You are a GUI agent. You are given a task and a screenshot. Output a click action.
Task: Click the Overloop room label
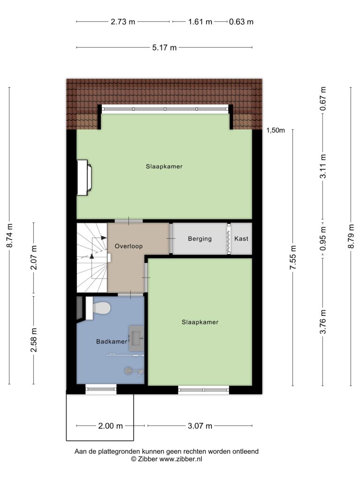coord(128,246)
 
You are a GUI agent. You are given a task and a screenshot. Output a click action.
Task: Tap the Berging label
coord(200,239)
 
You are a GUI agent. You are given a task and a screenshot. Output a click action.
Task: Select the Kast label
coord(241,239)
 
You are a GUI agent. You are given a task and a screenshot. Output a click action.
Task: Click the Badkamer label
coord(112,342)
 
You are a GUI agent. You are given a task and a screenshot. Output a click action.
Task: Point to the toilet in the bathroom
coord(98,308)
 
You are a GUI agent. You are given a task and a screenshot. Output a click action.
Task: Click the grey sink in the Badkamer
coord(136,338)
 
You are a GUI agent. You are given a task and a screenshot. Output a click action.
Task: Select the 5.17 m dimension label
coord(165,48)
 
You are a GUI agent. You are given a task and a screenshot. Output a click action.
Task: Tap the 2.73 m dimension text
coord(123,22)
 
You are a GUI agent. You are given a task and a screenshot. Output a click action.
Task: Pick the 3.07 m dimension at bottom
coord(200,426)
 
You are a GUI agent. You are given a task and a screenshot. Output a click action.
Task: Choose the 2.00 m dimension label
coord(111,426)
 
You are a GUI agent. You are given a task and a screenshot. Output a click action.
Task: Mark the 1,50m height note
coord(276,130)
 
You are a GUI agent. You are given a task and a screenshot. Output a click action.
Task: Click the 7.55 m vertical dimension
coord(293,257)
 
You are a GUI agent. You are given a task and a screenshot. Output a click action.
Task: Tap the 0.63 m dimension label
coord(241,22)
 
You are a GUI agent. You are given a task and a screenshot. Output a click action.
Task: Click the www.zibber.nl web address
coord(180,459)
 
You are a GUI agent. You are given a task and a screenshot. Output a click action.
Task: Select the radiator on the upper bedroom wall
coord(84,177)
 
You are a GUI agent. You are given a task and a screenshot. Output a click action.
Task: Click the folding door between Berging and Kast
coord(229,239)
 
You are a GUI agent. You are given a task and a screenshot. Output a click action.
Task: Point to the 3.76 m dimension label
coord(323,322)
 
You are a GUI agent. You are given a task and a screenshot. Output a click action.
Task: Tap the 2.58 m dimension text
coord(34,339)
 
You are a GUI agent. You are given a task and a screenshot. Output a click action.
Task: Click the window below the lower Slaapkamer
coord(203,390)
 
